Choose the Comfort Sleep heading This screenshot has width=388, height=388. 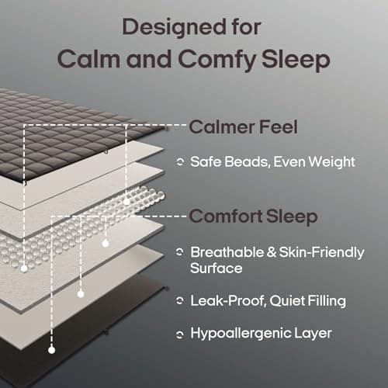(255, 217)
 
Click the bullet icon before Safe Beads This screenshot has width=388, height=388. (180, 162)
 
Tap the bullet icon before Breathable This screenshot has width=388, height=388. (180, 253)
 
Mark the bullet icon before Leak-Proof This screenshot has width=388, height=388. (180, 300)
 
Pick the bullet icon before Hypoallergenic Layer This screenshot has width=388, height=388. (180, 334)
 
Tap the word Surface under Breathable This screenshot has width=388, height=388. (217, 268)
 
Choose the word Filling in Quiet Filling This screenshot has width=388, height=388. (320, 300)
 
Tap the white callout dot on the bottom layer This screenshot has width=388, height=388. (51, 350)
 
